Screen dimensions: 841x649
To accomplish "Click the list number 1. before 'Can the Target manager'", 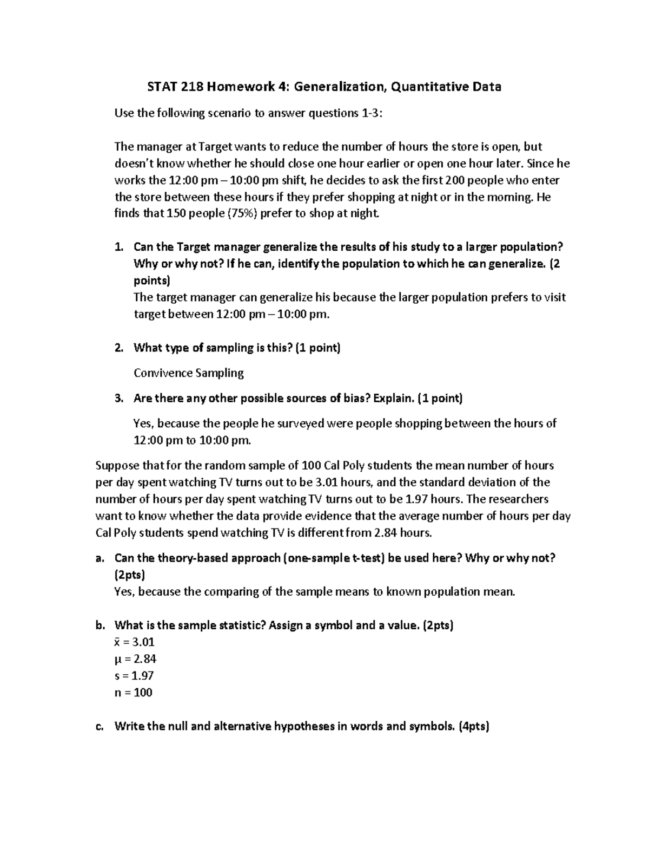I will click(x=119, y=247).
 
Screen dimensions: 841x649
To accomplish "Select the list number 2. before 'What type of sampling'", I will click(x=119, y=348).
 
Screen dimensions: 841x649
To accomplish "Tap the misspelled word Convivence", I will click(x=162, y=373).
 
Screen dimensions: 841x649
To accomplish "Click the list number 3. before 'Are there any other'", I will click(x=119, y=399).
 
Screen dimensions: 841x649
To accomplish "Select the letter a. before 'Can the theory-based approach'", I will click(x=100, y=558).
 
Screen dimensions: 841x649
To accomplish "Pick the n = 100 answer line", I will click(x=133, y=693).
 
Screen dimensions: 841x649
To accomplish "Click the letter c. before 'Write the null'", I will click(x=100, y=726).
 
